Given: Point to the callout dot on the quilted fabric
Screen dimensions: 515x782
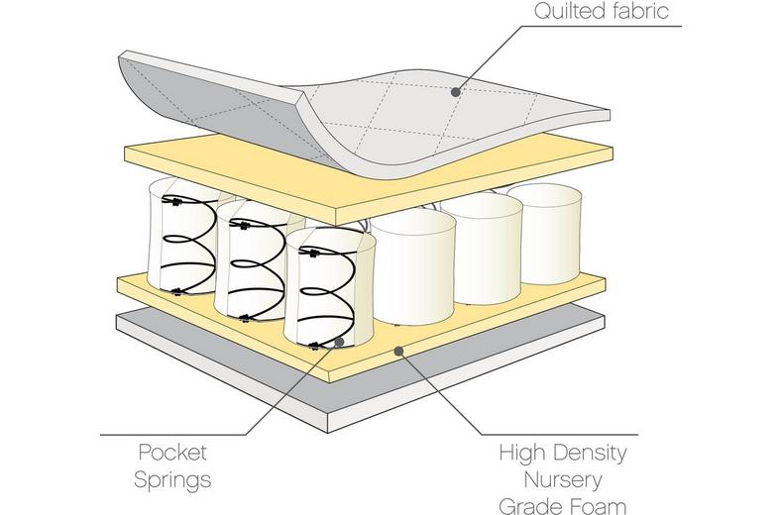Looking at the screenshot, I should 456,92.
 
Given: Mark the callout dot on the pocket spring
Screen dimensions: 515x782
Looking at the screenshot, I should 340,342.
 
